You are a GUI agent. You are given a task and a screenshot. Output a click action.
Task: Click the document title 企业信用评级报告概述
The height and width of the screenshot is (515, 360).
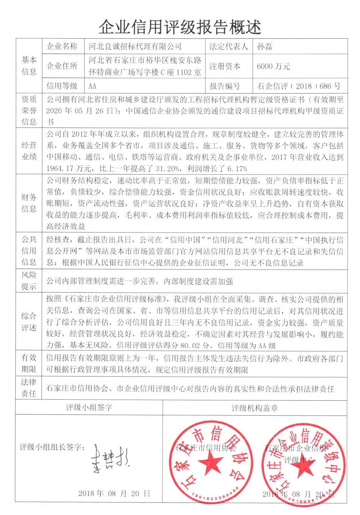(x=180, y=27)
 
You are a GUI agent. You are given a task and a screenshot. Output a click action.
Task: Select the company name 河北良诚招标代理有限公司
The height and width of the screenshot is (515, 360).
(x=135, y=46)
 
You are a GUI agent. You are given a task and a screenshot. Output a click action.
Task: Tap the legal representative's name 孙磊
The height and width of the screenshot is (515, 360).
(x=265, y=46)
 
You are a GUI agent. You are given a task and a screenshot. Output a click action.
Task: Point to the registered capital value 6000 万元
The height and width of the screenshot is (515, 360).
(x=273, y=66)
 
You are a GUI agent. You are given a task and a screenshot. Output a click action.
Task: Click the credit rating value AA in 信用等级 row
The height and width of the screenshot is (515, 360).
(x=92, y=86)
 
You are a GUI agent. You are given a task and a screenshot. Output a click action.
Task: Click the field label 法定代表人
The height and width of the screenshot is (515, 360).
(x=229, y=46)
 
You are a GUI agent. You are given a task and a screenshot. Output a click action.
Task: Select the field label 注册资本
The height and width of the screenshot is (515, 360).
(x=225, y=66)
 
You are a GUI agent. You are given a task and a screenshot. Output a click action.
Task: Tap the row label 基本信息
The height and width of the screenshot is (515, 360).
(x=29, y=66)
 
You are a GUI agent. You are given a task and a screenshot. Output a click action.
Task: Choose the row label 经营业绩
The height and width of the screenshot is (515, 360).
(x=29, y=151)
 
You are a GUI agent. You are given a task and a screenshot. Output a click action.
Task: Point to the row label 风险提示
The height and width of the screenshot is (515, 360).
(x=29, y=281)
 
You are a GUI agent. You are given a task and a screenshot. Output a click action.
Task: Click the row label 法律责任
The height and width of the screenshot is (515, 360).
(x=29, y=388)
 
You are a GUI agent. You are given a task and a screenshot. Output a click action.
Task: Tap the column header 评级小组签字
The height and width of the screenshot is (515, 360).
(x=89, y=407)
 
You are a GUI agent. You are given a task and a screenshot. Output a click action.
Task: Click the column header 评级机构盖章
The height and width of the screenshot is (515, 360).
(x=255, y=408)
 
